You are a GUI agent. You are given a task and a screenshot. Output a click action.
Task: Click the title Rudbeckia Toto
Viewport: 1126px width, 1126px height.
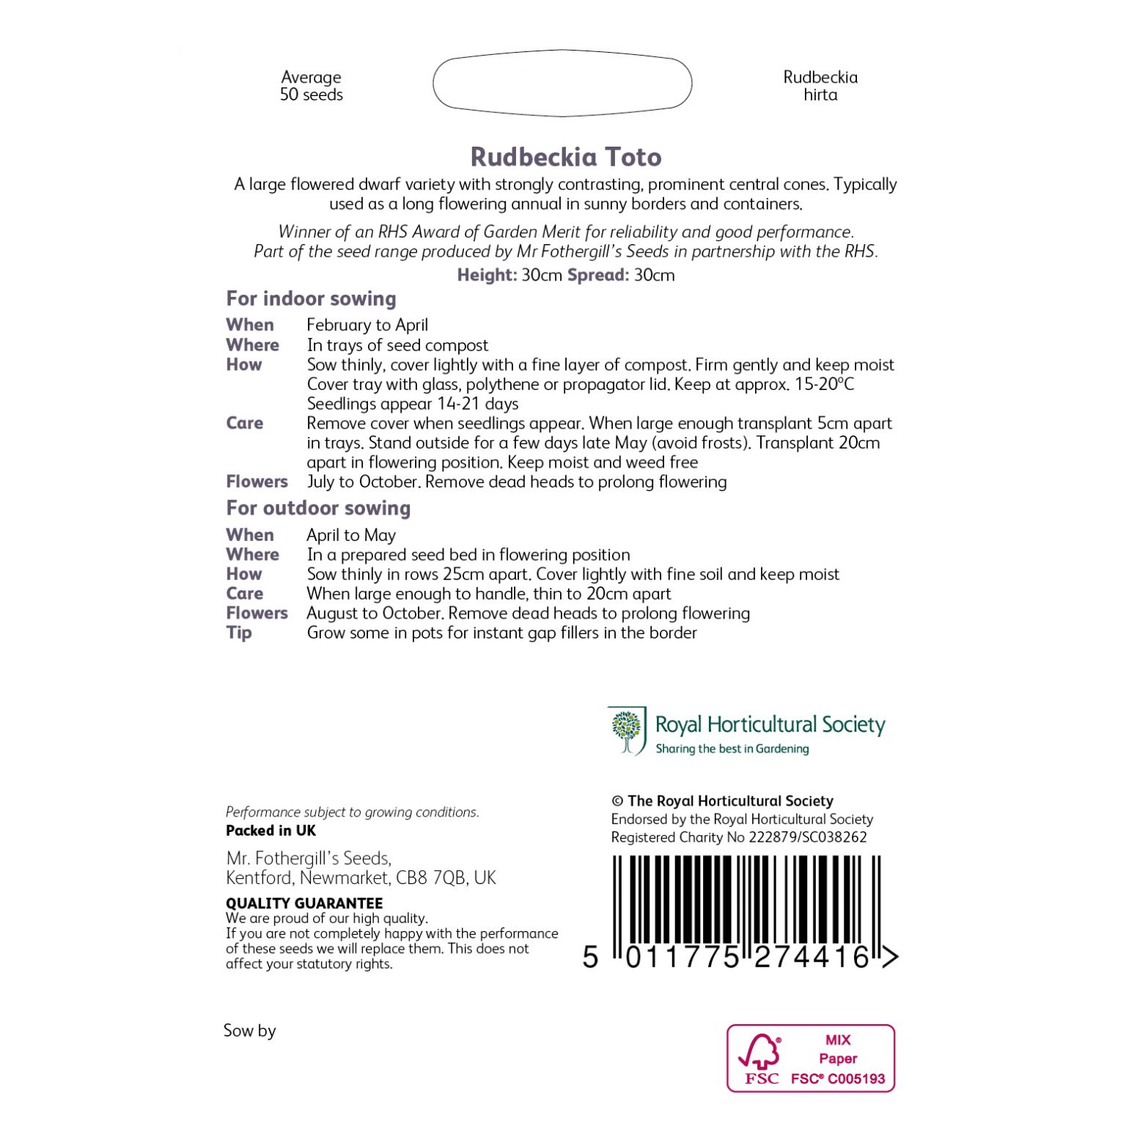pos(565,157)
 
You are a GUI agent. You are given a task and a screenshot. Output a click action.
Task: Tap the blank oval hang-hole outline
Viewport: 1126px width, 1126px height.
pos(562,84)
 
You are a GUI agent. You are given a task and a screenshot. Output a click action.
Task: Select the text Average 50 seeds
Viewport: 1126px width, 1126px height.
pos(312,86)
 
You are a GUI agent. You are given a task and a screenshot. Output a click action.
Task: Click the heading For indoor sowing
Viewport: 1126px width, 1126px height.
pos(311,298)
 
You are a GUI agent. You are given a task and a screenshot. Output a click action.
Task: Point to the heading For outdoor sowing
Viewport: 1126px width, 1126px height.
pos(318,508)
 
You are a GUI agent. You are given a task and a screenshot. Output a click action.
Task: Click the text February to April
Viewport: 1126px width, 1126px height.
pos(367,325)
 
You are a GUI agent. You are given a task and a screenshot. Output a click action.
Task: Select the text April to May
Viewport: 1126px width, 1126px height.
pos(351,535)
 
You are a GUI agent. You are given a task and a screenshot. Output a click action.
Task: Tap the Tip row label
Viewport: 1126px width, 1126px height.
pos(239,633)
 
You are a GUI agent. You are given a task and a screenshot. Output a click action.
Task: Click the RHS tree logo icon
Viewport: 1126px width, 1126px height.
pos(626,730)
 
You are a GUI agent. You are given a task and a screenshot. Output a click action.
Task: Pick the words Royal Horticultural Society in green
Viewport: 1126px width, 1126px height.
pos(770,724)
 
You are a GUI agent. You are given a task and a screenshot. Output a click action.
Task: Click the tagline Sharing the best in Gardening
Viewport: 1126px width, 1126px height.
pos(732,748)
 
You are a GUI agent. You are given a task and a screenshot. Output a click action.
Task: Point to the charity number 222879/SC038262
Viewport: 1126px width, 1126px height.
pos(807,837)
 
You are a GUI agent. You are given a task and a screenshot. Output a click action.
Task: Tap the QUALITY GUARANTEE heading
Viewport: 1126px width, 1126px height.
pos(304,903)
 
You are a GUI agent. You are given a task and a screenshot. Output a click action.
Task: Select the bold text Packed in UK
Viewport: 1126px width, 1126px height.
pos(271,831)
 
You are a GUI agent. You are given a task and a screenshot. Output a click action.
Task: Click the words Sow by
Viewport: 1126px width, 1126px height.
pos(249,1031)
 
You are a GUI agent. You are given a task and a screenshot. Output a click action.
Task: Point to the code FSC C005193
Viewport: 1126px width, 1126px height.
pos(838,1079)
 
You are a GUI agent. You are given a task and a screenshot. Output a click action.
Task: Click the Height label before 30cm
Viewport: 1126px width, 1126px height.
pos(487,275)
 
